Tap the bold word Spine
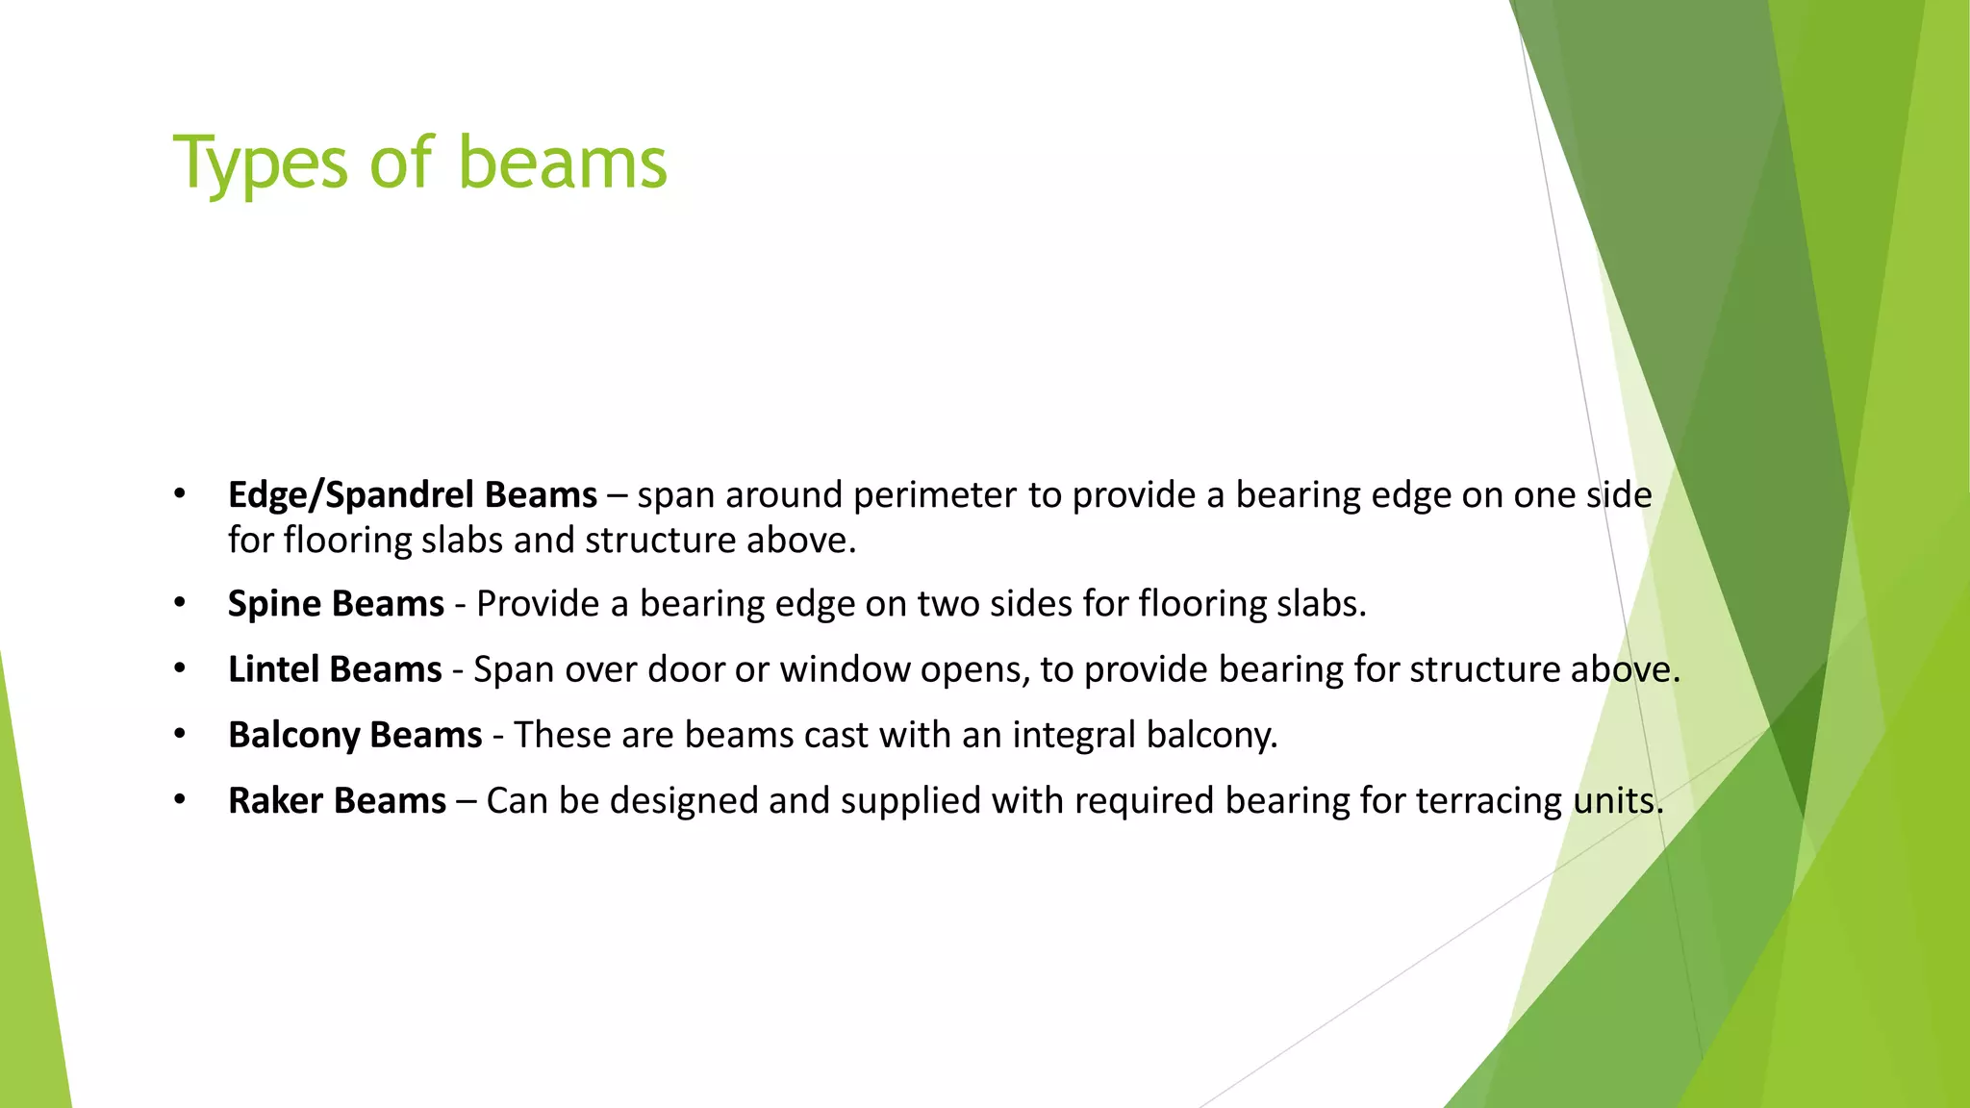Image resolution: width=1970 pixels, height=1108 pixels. (x=274, y=604)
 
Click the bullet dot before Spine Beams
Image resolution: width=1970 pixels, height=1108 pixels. (x=179, y=604)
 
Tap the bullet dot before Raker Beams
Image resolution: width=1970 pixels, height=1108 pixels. (x=179, y=800)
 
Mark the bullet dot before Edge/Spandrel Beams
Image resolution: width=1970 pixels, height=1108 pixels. (x=179, y=494)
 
